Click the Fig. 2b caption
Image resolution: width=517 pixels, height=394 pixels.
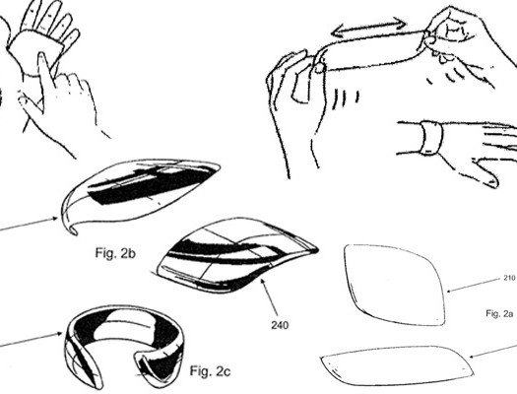tap(115, 253)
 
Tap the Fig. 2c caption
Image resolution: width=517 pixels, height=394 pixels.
tap(210, 371)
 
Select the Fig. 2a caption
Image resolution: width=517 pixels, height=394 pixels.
tap(499, 313)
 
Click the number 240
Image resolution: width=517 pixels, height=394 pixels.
tap(280, 325)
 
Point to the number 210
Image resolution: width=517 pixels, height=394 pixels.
tap(509, 278)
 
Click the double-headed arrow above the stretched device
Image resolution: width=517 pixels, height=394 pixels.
tap(368, 27)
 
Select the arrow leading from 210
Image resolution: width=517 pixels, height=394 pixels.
tap(473, 286)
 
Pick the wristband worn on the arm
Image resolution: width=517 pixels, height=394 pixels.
tap(430, 138)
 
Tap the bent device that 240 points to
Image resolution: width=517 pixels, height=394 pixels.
tap(235, 255)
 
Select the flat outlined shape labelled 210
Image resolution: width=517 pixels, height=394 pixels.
tap(394, 286)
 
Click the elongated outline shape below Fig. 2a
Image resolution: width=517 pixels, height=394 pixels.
tap(396, 365)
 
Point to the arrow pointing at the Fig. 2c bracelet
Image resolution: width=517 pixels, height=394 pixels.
tap(31, 340)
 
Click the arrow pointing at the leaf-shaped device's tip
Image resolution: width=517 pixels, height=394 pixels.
tap(29, 224)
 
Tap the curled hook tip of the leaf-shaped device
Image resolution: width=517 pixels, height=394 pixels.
tap(71, 230)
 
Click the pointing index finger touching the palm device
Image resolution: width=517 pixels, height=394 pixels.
tap(45, 71)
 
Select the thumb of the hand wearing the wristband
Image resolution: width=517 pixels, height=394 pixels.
tap(484, 174)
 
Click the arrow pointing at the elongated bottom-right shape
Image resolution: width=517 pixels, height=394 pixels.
tap(492, 351)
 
